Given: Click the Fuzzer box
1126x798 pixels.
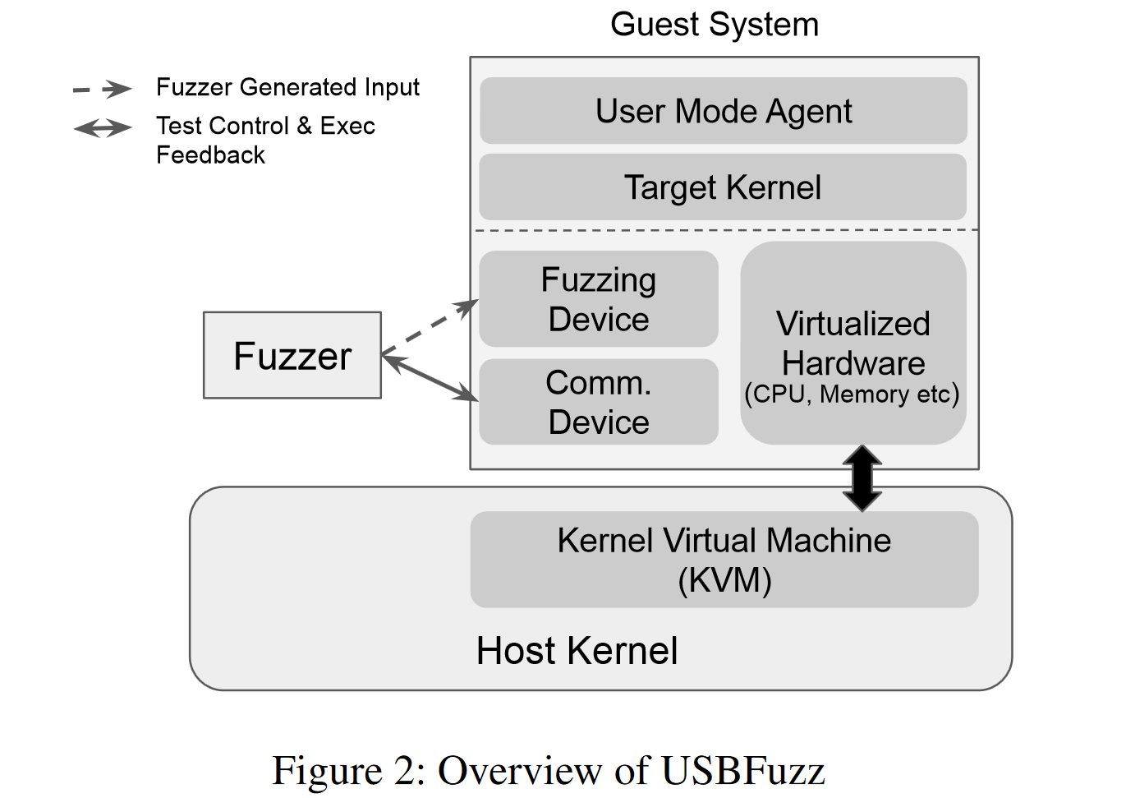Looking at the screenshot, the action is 292,355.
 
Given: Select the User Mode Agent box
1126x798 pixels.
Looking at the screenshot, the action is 724,111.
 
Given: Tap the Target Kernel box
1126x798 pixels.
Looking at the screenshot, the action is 723,187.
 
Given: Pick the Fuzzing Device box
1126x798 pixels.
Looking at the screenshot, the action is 599,299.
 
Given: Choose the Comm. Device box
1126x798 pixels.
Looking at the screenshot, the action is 599,402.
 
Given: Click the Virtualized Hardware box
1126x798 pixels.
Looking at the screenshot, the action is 853,343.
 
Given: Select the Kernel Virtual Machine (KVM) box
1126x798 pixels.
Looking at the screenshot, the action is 724,560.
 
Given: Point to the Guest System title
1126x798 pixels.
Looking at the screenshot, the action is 715,24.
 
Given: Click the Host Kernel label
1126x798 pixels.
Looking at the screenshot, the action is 577,651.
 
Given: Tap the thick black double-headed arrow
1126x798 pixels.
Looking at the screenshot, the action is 862,478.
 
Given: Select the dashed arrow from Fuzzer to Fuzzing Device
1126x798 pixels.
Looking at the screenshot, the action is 430,327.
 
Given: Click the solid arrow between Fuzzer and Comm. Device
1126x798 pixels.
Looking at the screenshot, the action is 430,378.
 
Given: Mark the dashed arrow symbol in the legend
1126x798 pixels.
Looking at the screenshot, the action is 103,90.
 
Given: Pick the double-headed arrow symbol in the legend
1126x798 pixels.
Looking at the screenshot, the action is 103,128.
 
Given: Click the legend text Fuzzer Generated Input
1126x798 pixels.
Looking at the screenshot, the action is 287,88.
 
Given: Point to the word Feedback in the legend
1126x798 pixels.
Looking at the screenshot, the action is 210,155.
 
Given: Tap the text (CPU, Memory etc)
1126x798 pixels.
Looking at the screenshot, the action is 852,394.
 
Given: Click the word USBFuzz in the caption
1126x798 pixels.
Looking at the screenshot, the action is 743,770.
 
